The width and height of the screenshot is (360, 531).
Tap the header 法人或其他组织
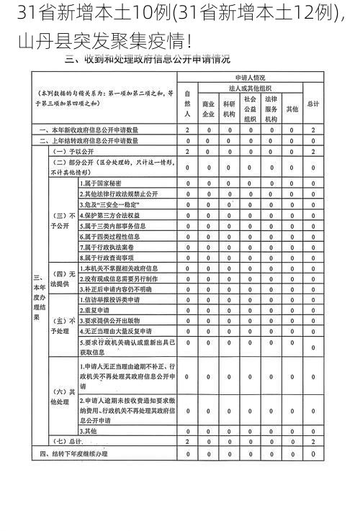click(250, 86)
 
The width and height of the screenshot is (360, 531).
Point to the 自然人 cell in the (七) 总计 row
click(187, 440)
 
